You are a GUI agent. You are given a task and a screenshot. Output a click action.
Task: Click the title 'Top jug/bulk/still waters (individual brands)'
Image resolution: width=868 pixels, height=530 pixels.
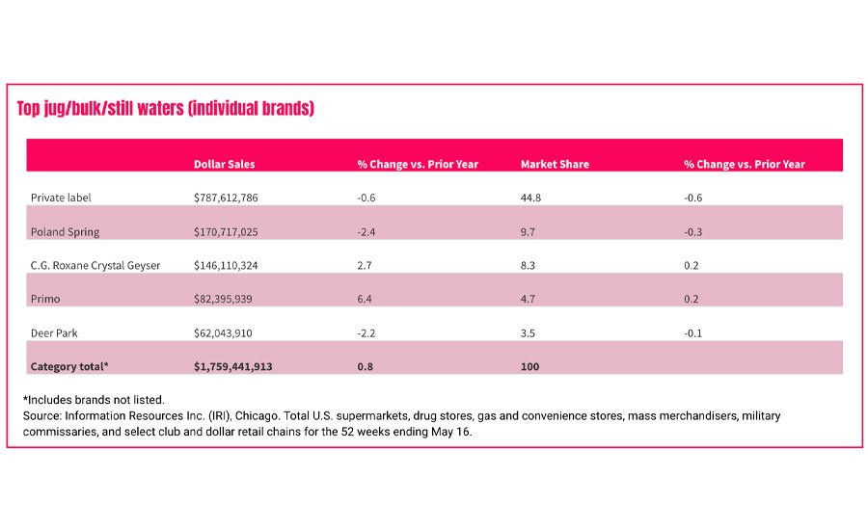[165, 109]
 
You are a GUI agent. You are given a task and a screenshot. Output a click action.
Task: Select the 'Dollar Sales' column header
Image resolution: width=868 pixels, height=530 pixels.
[224, 164]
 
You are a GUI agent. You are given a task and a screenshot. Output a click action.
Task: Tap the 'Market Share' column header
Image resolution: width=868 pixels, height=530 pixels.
[555, 164]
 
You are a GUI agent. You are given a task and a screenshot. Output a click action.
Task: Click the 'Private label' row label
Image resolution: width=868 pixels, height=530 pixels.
[61, 198]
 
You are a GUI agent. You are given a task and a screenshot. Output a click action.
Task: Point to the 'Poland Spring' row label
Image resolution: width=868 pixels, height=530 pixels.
[65, 231]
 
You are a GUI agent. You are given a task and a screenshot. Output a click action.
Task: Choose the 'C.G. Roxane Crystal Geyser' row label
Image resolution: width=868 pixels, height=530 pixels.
[95, 265]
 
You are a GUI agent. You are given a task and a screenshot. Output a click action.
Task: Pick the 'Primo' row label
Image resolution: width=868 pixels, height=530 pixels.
[45, 299]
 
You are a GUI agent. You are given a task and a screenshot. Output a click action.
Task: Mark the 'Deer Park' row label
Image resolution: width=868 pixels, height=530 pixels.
[54, 332]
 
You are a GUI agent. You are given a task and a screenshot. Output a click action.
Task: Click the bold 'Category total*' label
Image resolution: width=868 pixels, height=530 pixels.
[69, 366]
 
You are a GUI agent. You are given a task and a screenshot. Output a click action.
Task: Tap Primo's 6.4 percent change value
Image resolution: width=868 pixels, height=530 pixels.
[364, 299]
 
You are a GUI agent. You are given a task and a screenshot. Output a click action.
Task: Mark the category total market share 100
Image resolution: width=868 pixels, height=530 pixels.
[529, 366]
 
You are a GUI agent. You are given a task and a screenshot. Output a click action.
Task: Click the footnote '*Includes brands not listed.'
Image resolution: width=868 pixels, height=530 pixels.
[94, 399]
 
